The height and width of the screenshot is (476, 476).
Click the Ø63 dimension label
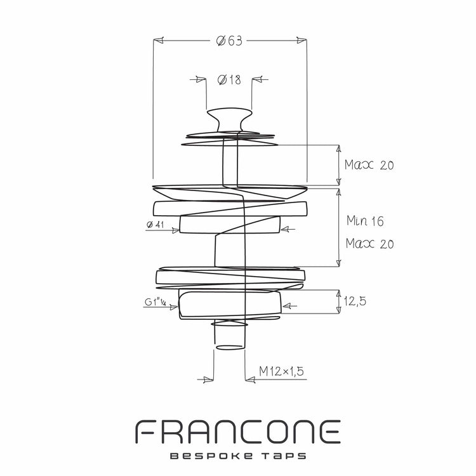229,41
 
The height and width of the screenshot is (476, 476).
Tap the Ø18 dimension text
229,80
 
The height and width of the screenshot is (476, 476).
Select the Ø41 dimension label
155,225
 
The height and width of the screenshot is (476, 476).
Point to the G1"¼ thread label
155,302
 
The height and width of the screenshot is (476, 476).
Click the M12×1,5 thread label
281,371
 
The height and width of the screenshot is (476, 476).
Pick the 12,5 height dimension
355,301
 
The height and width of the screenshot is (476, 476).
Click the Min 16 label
365,221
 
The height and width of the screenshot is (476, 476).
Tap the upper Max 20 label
369,165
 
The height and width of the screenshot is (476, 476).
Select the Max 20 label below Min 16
370,244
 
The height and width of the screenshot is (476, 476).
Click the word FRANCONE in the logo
238,432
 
